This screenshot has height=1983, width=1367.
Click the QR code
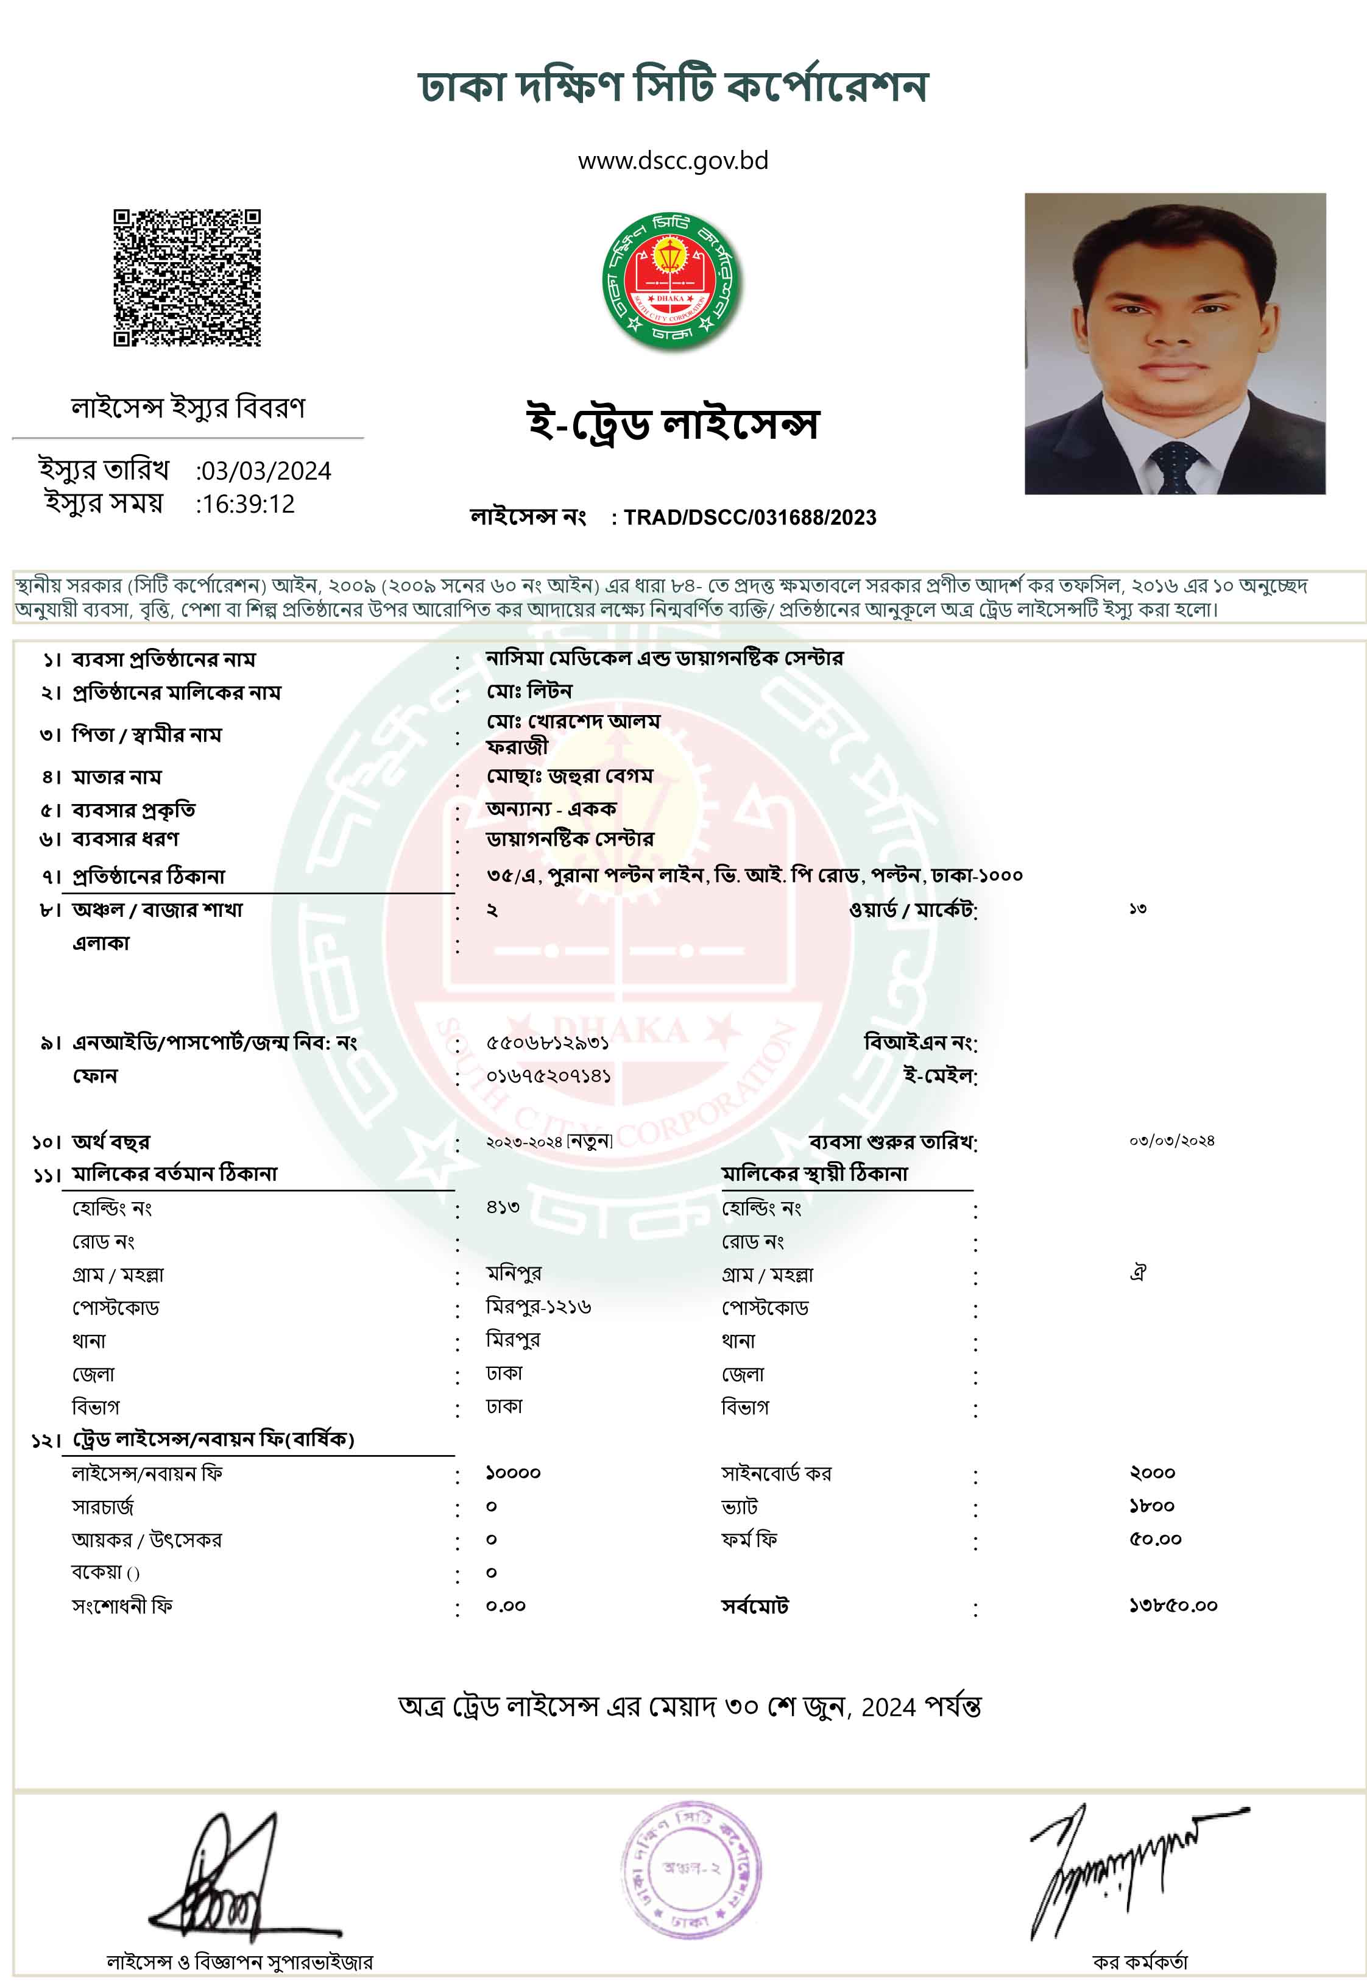tap(187, 277)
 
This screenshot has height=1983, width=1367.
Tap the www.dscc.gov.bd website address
tap(673, 161)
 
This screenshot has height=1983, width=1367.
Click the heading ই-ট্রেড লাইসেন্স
tap(673, 423)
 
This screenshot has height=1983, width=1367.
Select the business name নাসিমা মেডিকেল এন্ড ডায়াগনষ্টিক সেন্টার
tap(664, 658)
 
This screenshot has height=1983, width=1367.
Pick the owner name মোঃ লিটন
tap(529, 691)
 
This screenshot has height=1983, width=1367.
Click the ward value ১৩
tap(1137, 908)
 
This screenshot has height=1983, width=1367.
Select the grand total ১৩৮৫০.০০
tap(1173, 1606)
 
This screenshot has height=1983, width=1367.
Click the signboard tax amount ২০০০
tap(1152, 1473)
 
